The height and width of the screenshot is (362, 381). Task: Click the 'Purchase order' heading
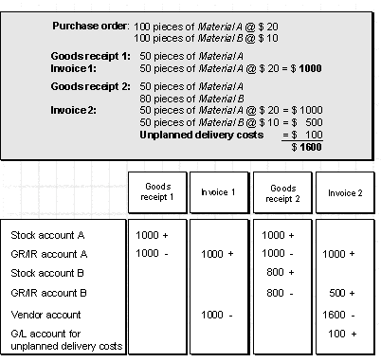[x=90, y=26]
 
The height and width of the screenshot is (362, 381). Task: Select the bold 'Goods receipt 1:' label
[x=90, y=56]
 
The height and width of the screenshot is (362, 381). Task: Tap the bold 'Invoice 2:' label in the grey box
[x=73, y=110]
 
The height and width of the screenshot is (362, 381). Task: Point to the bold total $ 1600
[x=306, y=147]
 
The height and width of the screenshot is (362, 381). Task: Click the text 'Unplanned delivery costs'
[x=202, y=136]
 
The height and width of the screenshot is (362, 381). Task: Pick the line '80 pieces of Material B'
[x=191, y=99]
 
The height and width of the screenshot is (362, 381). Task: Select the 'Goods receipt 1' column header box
[x=157, y=192]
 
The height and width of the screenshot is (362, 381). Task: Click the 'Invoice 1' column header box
[x=219, y=192]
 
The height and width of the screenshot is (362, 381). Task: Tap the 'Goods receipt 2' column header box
[x=282, y=192]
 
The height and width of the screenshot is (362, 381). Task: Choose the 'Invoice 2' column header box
[x=345, y=192]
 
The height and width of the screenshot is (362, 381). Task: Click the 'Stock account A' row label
[x=47, y=235]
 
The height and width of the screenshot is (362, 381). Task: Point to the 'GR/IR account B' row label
[x=48, y=293]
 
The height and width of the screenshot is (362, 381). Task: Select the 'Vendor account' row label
[x=45, y=315]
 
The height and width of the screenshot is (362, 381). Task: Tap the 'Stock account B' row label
[x=47, y=273]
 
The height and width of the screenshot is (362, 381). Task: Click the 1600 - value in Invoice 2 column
[x=338, y=315]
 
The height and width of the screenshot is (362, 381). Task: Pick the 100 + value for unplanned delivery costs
[x=342, y=334]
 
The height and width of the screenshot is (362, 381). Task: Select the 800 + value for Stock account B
[x=281, y=272]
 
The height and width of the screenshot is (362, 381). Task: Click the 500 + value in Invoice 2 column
[x=342, y=293]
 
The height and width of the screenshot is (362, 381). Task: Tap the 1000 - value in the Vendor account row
[x=217, y=315]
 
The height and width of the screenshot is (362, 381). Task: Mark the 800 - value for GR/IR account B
[x=280, y=293]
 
